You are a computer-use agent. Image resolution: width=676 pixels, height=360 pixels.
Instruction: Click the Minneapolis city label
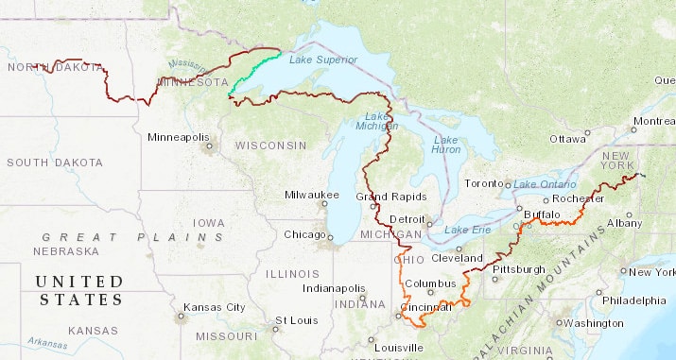[178, 137]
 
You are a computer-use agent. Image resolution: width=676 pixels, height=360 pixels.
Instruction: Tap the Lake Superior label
[323, 60]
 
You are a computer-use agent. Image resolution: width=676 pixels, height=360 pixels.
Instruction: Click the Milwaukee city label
[311, 195]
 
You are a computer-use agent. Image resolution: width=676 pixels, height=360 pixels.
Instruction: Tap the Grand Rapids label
[385, 197]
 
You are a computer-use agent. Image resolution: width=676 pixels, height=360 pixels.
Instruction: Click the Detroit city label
[407, 219]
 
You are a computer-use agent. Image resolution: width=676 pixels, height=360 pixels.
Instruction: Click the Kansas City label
[214, 307]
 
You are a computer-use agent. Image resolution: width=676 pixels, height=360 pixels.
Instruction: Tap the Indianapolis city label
[334, 287]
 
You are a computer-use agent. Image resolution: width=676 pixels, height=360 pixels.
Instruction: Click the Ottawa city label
[568, 138]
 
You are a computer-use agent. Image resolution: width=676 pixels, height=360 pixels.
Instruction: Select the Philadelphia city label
[634, 300]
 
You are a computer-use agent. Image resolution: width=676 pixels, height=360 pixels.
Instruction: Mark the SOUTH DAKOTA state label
[55, 163]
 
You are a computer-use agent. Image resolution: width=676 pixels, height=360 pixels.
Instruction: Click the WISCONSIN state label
[270, 146]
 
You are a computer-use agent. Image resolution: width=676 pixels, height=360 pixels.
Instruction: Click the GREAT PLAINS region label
[133, 236]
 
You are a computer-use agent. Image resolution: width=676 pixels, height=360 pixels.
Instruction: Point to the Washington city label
[593, 323]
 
